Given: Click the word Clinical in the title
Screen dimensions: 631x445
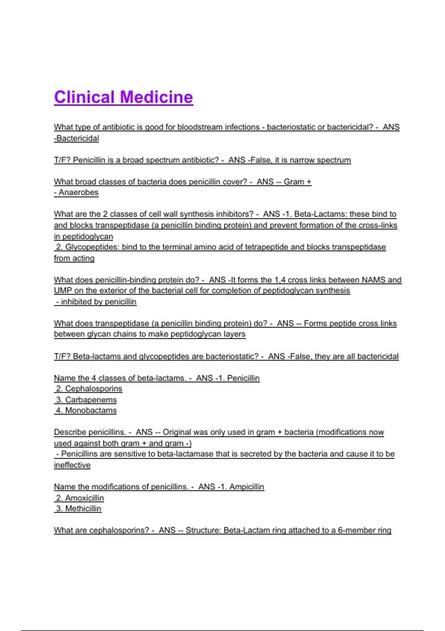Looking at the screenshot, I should [x=84, y=97].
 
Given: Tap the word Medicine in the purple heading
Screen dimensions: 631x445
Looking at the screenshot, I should [x=156, y=97].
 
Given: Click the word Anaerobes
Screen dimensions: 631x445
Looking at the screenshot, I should [x=78, y=192].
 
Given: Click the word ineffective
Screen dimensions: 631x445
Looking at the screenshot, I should [x=72, y=465].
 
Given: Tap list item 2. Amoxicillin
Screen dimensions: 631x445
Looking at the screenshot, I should [x=80, y=498].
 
